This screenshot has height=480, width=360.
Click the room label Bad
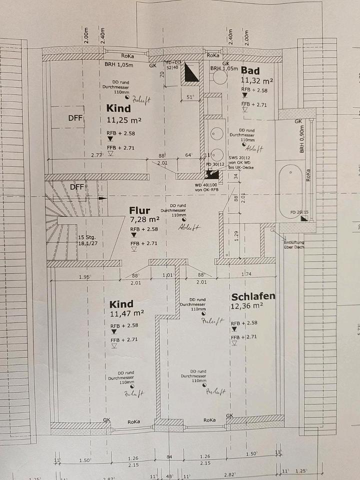coord(250,70)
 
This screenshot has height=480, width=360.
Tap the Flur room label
coord(139,210)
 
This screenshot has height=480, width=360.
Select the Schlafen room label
coord(253,296)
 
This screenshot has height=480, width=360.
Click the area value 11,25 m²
coord(124,119)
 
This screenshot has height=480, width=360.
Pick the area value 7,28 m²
coord(144,219)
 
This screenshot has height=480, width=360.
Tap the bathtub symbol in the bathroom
coord(290,187)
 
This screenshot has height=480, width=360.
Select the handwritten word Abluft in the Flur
coord(189,227)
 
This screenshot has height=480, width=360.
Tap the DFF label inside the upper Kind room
coord(75,118)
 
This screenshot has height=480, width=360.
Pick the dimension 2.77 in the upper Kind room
coord(96,155)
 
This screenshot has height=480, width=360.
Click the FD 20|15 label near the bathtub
coord(300,212)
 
